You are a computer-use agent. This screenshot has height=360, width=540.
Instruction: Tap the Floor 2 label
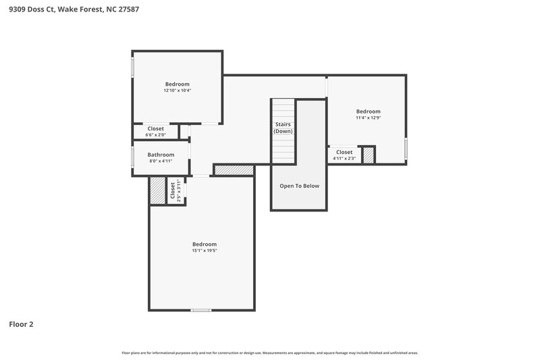click(21, 324)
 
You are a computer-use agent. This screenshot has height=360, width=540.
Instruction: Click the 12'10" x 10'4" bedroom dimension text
click(177, 90)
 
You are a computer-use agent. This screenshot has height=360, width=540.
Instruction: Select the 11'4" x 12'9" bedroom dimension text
click(369, 118)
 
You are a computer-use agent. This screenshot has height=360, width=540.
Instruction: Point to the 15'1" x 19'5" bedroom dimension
click(204, 251)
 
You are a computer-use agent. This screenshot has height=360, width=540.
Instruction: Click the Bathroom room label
click(161, 155)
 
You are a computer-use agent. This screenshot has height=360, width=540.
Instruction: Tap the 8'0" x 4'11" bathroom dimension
click(161, 161)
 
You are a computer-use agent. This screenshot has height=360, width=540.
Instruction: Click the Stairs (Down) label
click(283, 128)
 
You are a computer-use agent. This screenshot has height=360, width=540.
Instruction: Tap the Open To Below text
click(299, 186)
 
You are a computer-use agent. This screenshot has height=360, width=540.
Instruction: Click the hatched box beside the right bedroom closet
click(369, 155)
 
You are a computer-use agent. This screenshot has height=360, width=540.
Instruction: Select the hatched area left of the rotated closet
click(157, 190)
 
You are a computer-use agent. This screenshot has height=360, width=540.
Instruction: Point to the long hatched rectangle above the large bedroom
click(234, 170)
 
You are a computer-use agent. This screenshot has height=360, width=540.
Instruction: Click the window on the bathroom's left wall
click(132, 157)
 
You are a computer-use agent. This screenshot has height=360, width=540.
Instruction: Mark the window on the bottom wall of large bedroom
click(200, 310)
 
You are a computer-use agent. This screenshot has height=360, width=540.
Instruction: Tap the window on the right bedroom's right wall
click(406, 149)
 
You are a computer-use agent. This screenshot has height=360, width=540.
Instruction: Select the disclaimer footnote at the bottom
click(270, 353)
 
